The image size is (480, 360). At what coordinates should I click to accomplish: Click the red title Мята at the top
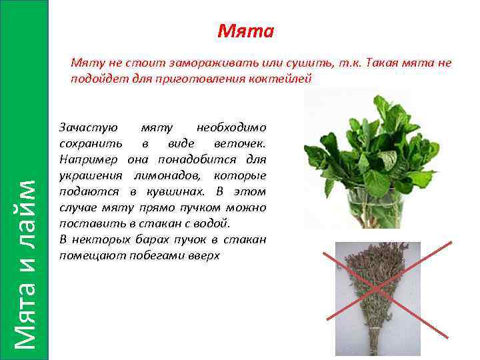coord(245,31)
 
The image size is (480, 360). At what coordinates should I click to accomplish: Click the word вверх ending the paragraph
coord(205,255)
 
